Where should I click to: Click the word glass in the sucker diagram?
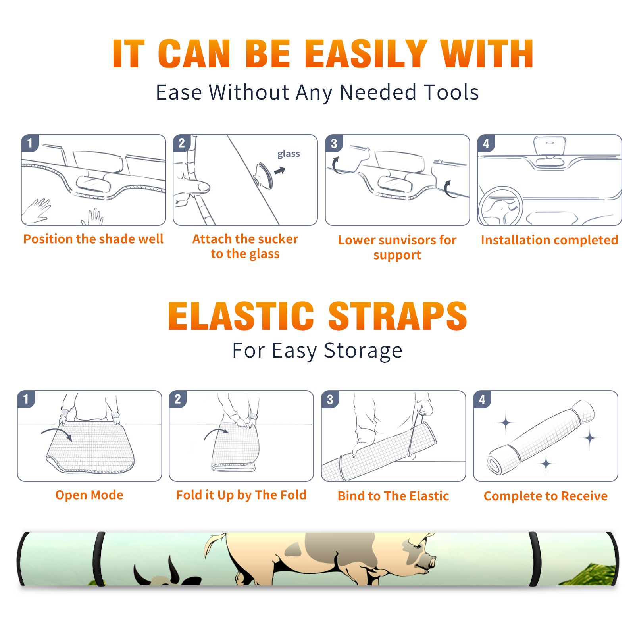289,154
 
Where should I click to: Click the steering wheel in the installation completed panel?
500,206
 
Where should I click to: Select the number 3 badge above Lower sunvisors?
334,143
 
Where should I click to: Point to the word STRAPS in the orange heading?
398,316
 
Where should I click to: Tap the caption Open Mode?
89,495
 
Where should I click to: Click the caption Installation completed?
549,240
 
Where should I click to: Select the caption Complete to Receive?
546,496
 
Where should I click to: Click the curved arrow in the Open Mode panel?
57,434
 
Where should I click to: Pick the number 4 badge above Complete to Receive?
482,399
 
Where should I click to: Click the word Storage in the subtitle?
363,351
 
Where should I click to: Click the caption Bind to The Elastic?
393,496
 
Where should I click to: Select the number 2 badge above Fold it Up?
178,399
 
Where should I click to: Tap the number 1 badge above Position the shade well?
30,143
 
